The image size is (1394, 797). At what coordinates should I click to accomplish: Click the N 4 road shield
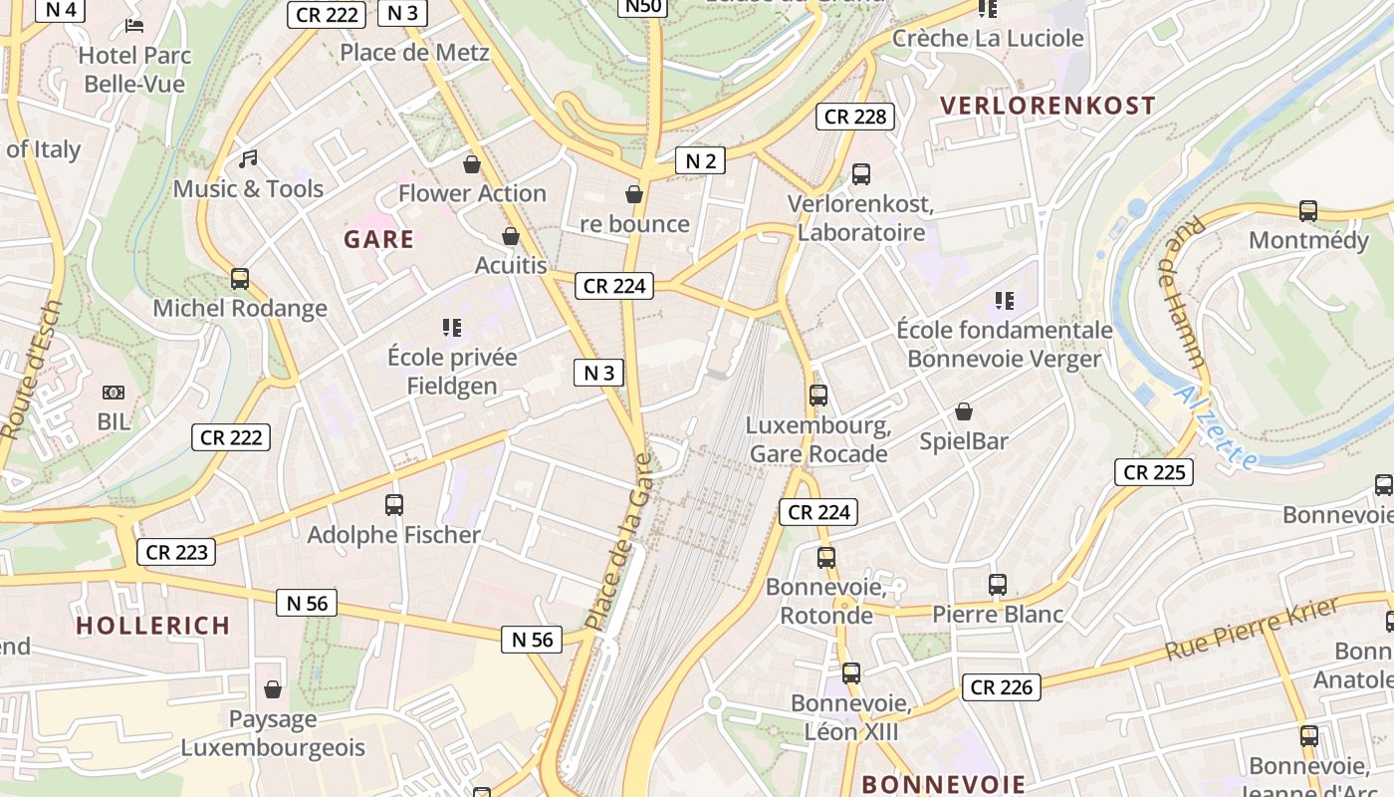point(61,9)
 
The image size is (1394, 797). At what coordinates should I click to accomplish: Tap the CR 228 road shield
point(855,117)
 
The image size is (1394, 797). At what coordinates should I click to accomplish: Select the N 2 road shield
point(700,160)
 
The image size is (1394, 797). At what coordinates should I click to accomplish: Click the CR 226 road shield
point(1002,686)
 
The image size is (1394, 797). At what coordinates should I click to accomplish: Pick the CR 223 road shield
point(176,552)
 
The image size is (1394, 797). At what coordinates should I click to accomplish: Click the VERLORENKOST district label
point(1047,106)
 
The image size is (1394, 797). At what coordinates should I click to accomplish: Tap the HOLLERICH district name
point(153,626)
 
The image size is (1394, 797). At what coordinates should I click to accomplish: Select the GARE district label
point(378,239)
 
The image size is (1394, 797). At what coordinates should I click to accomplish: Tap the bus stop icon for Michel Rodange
point(240,279)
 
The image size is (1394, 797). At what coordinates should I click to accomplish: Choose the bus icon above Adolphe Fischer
point(394,505)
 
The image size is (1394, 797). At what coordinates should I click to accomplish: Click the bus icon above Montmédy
point(1308,211)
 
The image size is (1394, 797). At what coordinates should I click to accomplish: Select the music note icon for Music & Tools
point(248,159)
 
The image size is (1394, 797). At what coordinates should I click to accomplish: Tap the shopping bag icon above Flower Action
point(472,163)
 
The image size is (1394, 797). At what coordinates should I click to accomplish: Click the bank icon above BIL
point(114,393)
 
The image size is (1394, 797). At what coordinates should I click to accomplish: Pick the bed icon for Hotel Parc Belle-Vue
point(134,26)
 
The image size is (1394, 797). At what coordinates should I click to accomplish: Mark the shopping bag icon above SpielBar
point(964,411)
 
